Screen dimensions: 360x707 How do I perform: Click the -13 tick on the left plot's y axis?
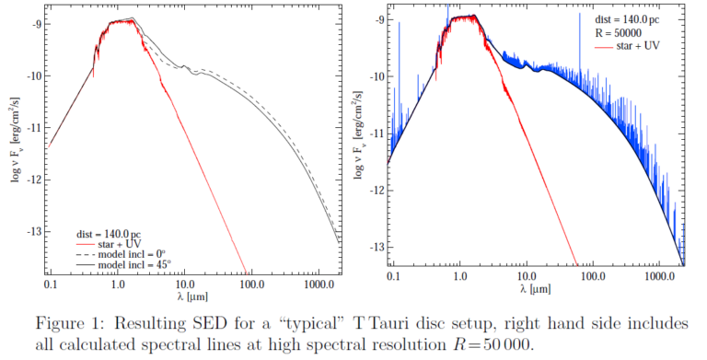point(35,230)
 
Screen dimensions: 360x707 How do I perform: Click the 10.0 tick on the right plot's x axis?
point(525,275)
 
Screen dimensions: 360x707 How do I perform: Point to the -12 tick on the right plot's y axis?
point(377,189)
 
